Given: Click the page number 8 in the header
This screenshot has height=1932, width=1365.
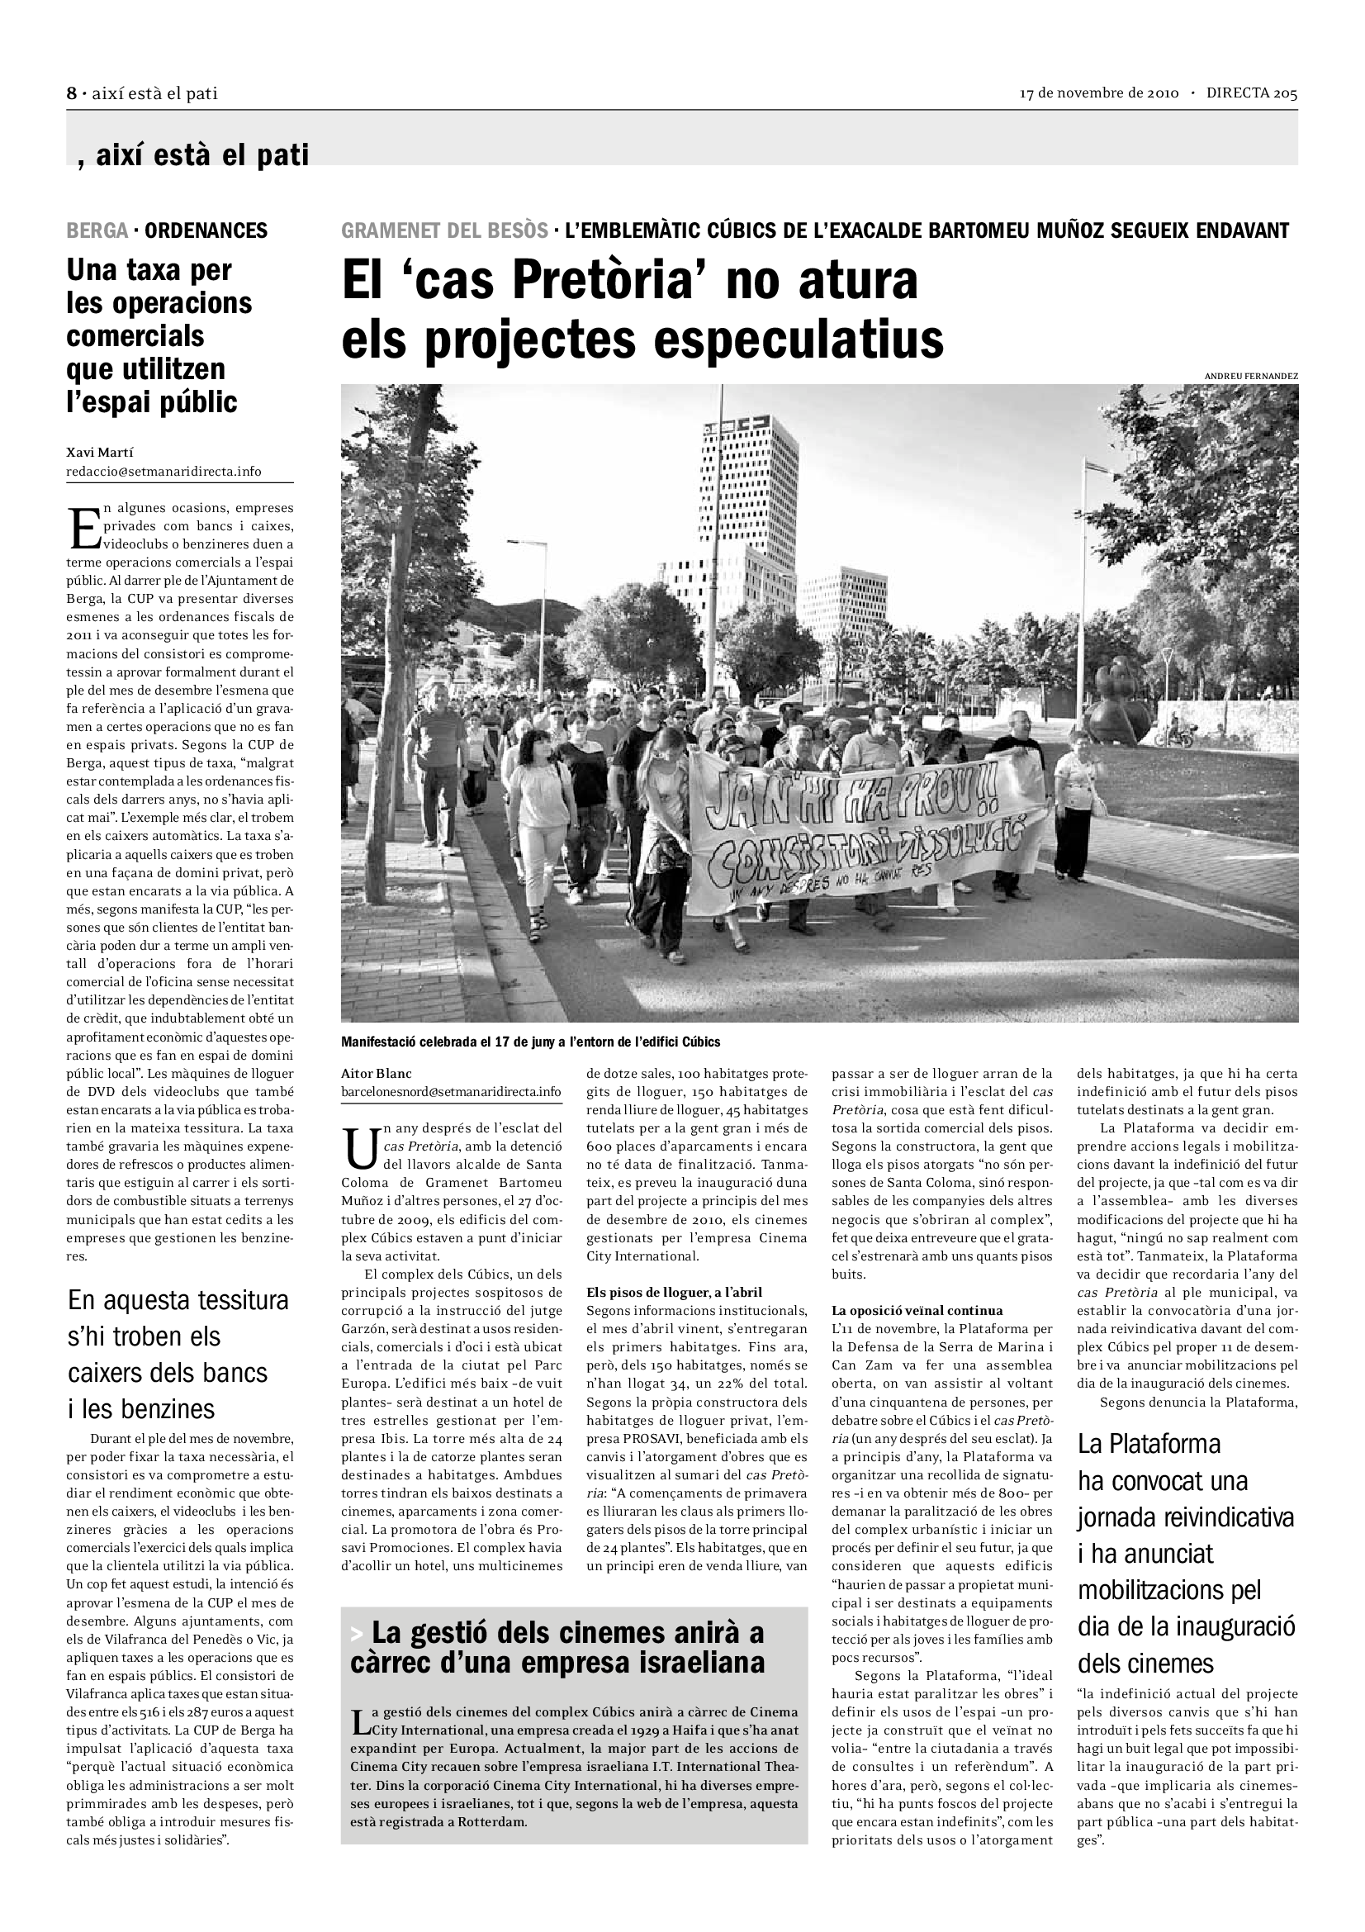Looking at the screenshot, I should (72, 94).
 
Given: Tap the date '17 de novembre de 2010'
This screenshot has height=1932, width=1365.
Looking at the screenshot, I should (1099, 93).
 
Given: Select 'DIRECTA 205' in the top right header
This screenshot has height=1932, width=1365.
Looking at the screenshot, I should (1252, 93).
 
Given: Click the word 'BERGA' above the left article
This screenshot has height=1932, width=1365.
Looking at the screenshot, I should (97, 230).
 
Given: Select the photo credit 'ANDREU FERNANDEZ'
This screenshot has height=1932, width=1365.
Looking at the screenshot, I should (1250, 376).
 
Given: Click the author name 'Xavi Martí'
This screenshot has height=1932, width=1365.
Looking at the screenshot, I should (100, 453).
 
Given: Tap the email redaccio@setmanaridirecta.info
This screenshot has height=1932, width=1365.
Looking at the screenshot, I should (164, 471).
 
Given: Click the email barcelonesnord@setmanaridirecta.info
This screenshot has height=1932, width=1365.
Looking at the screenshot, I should (451, 1091).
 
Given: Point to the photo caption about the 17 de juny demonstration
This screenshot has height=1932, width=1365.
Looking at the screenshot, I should (531, 1042).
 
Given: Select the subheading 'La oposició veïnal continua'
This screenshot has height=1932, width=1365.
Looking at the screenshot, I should (917, 1310).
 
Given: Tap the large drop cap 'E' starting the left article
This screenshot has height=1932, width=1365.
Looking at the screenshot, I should (83, 527).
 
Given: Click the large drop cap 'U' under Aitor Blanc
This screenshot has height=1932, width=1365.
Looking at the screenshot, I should (360, 1147).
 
